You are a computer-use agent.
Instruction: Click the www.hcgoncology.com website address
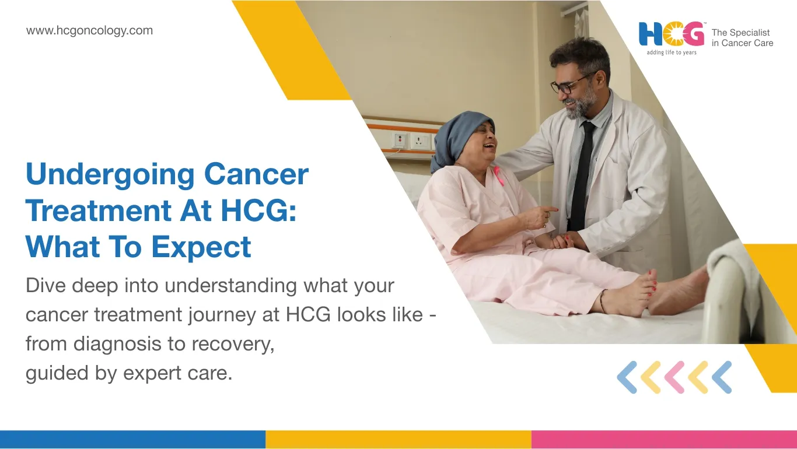point(89,31)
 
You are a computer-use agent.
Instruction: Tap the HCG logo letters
point(672,34)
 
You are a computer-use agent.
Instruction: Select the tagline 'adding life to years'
point(672,52)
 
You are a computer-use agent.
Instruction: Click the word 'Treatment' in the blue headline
point(99,211)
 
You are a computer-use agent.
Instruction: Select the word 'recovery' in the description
point(233,344)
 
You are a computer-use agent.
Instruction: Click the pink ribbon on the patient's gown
point(498,176)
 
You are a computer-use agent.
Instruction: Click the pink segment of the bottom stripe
point(664,440)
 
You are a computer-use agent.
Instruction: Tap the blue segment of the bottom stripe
point(132,440)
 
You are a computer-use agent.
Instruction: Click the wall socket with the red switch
point(399,140)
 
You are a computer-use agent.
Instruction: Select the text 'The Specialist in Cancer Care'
point(742,38)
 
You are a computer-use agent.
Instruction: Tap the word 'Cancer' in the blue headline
point(256,174)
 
